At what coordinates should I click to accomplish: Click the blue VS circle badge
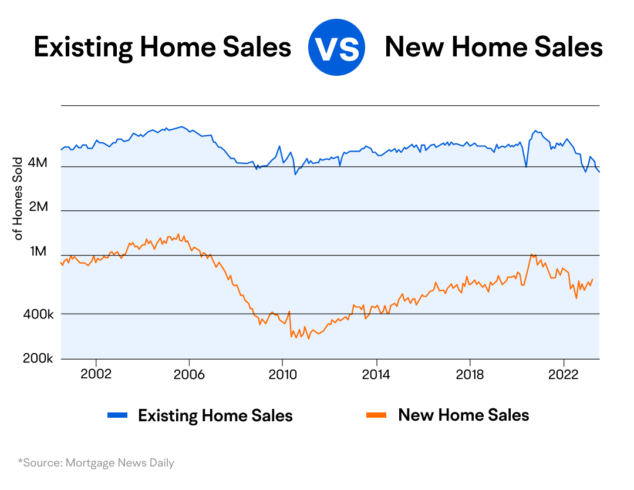pyautogui.click(x=336, y=48)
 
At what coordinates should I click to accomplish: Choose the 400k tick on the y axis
pyautogui.click(x=38, y=315)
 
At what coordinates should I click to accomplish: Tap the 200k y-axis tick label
pyautogui.click(x=38, y=359)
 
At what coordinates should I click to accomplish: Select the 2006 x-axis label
pyautogui.click(x=189, y=374)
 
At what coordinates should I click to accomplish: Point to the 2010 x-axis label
pyautogui.click(x=282, y=374)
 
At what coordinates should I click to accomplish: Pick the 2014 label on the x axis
pyautogui.click(x=376, y=374)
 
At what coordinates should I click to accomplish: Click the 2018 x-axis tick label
pyautogui.click(x=470, y=374)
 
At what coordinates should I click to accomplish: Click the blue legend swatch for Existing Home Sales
pyautogui.click(x=117, y=415)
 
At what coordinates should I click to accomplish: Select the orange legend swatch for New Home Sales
pyautogui.click(x=376, y=415)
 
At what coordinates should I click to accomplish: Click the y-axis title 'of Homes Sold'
pyautogui.click(x=19, y=199)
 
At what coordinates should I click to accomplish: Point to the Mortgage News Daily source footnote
pyautogui.click(x=96, y=463)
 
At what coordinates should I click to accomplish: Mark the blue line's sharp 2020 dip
pyautogui.click(x=526, y=167)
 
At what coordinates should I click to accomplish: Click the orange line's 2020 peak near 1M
pyautogui.click(x=531, y=254)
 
